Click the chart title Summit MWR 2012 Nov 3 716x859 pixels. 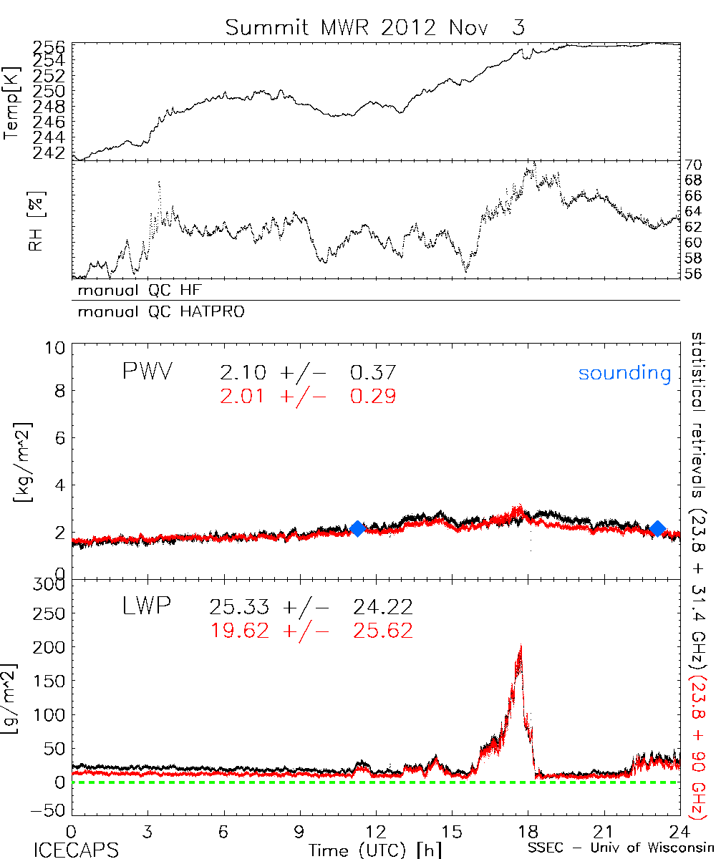click(375, 27)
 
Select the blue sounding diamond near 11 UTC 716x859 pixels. click(358, 528)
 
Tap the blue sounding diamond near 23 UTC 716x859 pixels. click(657, 528)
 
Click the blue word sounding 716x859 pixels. click(625, 373)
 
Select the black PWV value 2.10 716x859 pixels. click(244, 373)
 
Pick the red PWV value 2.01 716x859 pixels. click(244, 396)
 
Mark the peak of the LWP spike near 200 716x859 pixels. click(521, 646)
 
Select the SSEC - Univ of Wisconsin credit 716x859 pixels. click(616, 850)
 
